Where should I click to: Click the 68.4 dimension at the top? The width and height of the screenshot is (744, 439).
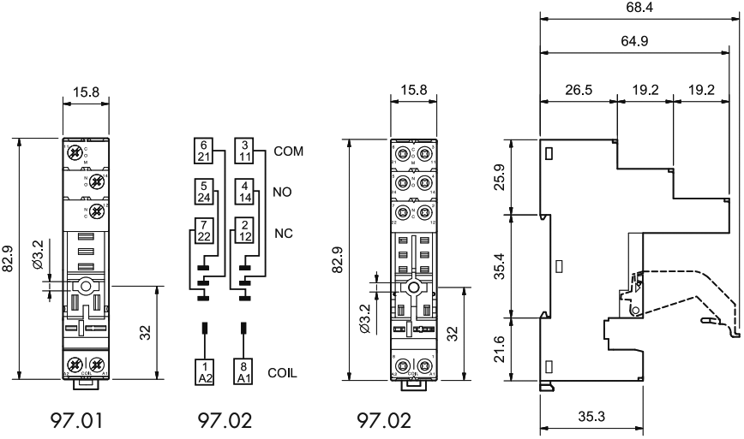[x=639, y=9]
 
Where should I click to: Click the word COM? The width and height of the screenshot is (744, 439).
[x=290, y=151]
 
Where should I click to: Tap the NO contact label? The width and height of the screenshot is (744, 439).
[x=283, y=193]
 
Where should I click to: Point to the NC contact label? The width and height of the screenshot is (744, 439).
[x=283, y=233]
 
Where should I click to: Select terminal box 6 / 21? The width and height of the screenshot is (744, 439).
[x=203, y=151]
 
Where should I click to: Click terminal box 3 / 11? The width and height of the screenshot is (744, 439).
[x=244, y=151]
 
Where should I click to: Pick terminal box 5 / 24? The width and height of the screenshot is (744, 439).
[x=203, y=193]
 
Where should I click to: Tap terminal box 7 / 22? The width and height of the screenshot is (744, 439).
[x=203, y=232]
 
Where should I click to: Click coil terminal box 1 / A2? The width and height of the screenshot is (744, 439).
[x=203, y=371]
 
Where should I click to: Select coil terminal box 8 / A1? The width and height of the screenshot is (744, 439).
[x=244, y=371]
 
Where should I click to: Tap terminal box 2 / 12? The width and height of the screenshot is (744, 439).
[x=244, y=232]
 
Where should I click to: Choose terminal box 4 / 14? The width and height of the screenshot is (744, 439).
[x=244, y=193]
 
